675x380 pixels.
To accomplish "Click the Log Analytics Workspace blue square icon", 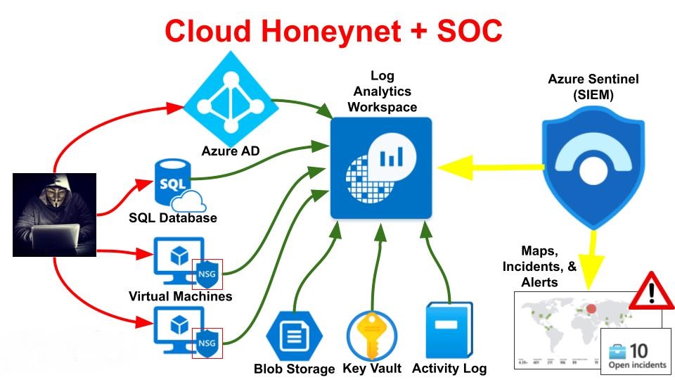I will pyautogui.click(x=381, y=168).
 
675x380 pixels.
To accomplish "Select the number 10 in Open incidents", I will pyautogui.click(x=638, y=350).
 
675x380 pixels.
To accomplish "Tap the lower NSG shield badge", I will pyautogui.click(x=207, y=343).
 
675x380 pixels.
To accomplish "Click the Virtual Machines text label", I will pyautogui.click(x=180, y=296).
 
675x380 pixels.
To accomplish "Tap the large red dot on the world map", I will pyautogui.click(x=591, y=309).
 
